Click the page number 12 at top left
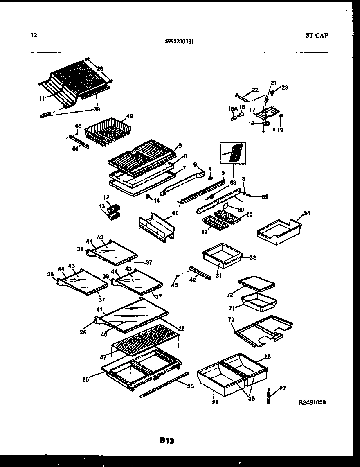coord(34,35)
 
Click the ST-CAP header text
coord(317,36)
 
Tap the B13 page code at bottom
coord(167,441)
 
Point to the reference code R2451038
coord(313,403)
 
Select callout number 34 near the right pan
coord(307,213)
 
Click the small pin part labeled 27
coord(268,396)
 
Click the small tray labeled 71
coord(259,302)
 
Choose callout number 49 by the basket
coord(130,116)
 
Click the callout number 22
coord(255,90)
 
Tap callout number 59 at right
coord(265,197)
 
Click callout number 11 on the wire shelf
coord(42,98)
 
